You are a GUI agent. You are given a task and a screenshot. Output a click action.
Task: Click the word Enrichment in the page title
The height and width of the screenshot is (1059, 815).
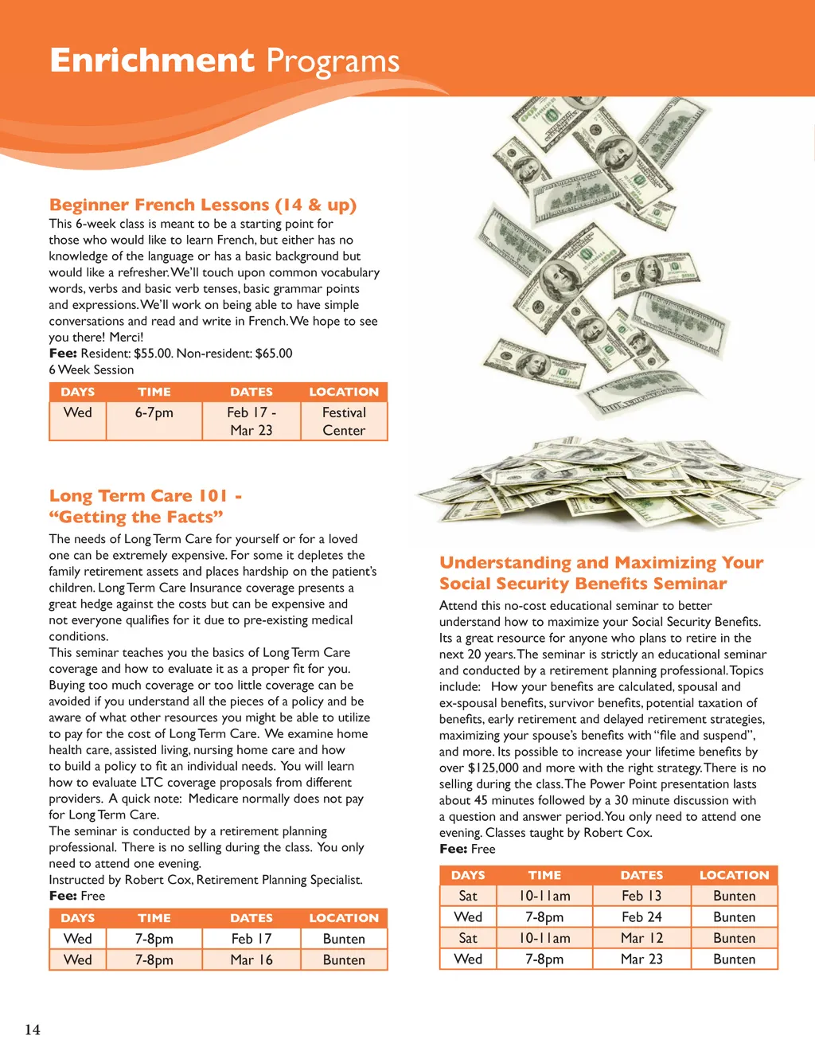click(x=151, y=61)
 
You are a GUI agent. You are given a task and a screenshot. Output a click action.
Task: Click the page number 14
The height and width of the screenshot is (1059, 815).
click(x=32, y=1030)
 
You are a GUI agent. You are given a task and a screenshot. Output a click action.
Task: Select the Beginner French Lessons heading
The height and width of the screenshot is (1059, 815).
click(x=203, y=205)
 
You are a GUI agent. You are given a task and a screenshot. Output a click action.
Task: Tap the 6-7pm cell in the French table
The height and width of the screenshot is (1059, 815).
click(x=154, y=412)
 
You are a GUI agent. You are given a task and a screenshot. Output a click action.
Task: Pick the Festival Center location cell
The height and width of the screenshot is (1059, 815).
click(x=344, y=421)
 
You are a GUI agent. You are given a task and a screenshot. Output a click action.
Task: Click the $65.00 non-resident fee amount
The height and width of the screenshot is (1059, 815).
click(x=274, y=354)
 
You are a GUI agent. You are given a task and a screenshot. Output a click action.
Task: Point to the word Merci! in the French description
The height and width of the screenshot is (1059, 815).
click(x=127, y=337)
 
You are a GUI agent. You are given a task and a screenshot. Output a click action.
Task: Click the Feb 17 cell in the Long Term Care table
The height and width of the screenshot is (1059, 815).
click(x=252, y=939)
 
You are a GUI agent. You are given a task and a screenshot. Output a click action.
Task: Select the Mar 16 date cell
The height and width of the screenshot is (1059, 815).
click(x=252, y=959)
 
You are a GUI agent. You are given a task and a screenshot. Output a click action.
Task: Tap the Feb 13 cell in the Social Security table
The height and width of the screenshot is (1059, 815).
click(x=641, y=896)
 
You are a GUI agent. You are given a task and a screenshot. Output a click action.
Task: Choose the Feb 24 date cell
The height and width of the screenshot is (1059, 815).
click(x=641, y=917)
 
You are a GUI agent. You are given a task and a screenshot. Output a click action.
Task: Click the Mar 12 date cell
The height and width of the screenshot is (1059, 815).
click(x=641, y=938)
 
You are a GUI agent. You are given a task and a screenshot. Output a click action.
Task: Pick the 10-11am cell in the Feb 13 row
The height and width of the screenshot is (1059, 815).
click(x=544, y=896)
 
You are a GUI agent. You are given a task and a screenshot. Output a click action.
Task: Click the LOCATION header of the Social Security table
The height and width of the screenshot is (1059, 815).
click(x=734, y=875)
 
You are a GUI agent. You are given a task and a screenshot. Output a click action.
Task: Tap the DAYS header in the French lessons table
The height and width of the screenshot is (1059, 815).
click(x=78, y=392)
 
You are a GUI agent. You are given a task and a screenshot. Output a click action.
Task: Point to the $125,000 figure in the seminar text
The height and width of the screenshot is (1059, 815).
click(x=493, y=768)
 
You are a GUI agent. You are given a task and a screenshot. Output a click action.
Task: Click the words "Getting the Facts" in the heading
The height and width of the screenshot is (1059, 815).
click(x=136, y=517)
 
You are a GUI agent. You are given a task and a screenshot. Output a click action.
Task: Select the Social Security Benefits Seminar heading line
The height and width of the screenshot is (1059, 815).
click(x=583, y=584)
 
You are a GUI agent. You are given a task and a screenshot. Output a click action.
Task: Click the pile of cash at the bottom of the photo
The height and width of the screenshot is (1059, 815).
click(x=605, y=478)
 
